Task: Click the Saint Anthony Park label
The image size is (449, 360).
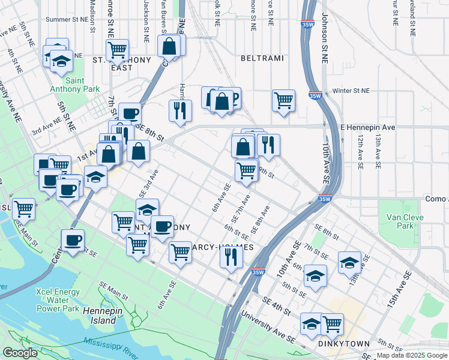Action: [83, 85]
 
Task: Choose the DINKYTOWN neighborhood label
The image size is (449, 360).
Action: [340, 344]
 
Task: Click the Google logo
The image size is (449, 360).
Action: [20, 353]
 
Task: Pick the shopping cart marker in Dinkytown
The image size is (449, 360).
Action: [332, 324]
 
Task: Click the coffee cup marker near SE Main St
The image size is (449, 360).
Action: [73, 240]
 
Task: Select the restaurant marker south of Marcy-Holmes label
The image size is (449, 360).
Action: [231, 257]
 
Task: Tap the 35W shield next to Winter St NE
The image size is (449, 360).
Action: [315, 95]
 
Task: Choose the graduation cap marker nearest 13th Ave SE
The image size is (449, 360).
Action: [350, 262]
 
